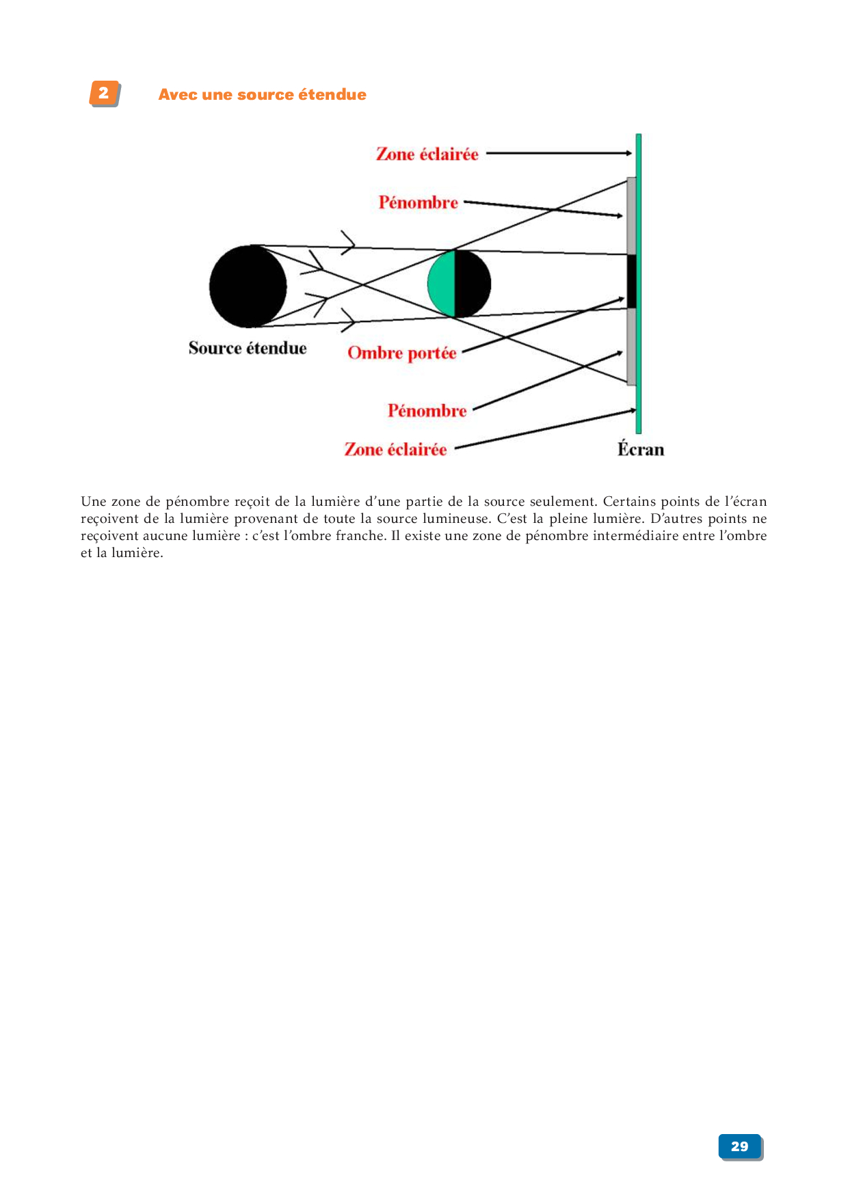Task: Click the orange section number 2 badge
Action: (x=105, y=94)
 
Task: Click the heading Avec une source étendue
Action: (x=263, y=94)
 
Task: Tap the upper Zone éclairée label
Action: (x=427, y=154)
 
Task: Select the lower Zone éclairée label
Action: (x=395, y=449)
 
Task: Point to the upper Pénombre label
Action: (x=419, y=202)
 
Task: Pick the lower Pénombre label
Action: (x=427, y=410)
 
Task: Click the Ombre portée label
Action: (x=402, y=353)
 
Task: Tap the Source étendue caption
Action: (x=248, y=348)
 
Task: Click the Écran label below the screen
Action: (x=641, y=449)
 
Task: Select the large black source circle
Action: (x=248, y=286)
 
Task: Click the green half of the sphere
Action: (x=442, y=284)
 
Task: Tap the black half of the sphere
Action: (x=473, y=284)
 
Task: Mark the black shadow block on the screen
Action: (x=631, y=281)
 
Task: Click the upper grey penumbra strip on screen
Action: (x=631, y=216)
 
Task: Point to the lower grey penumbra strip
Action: (x=631, y=347)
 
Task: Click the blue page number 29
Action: (x=741, y=1146)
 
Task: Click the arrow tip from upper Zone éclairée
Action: (x=631, y=153)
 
